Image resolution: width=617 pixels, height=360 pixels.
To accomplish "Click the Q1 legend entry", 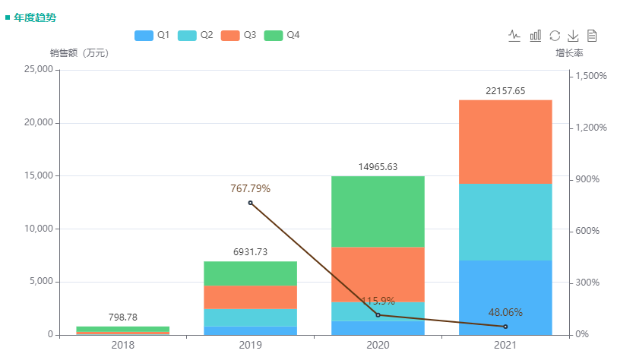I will click(x=151, y=35).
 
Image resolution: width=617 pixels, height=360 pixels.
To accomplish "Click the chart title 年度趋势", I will click(x=34, y=17).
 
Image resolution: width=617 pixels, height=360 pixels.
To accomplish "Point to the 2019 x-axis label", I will click(x=250, y=346).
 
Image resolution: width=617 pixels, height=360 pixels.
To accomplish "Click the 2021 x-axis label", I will click(x=505, y=346).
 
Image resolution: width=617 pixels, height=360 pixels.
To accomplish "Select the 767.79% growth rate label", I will click(x=250, y=188).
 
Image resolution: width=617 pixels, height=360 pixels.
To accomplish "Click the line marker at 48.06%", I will click(x=505, y=327).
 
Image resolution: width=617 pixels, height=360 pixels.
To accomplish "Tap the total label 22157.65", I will click(x=505, y=91).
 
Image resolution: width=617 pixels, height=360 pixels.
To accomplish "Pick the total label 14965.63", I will click(x=378, y=167).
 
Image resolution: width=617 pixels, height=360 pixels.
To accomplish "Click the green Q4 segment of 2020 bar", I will click(x=378, y=211).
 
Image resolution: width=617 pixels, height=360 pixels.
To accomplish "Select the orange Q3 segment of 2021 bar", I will click(x=505, y=141).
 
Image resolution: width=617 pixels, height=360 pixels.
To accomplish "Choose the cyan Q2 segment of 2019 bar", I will click(x=250, y=317).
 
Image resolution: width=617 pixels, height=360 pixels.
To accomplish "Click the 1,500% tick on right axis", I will click(x=591, y=76).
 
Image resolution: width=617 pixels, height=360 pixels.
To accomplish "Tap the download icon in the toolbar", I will click(x=574, y=36).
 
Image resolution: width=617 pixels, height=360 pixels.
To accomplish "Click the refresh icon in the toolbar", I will click(x=555, y=36).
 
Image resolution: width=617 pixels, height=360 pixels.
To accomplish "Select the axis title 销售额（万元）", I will click(x=79, y=53).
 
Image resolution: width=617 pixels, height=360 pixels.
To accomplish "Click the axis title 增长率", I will click(x=568, y=53).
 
